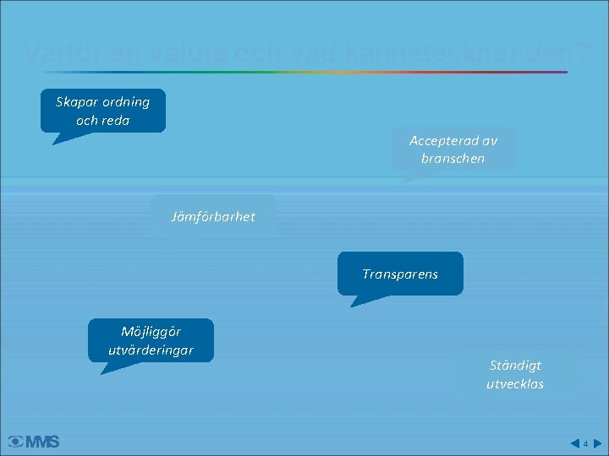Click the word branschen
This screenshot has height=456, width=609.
point(453,158)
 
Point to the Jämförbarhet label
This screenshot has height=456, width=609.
point(212,217)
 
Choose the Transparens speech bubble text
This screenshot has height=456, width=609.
point(400,274)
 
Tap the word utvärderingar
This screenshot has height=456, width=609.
point(151,350)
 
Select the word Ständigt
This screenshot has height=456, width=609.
point(515,366)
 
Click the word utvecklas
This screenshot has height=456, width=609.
point(515,384)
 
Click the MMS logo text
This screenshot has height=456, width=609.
point(42,441)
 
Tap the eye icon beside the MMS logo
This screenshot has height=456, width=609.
point(15,441)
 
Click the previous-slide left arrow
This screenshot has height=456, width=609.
point(574,442)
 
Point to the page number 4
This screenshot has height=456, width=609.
point(585,442)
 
